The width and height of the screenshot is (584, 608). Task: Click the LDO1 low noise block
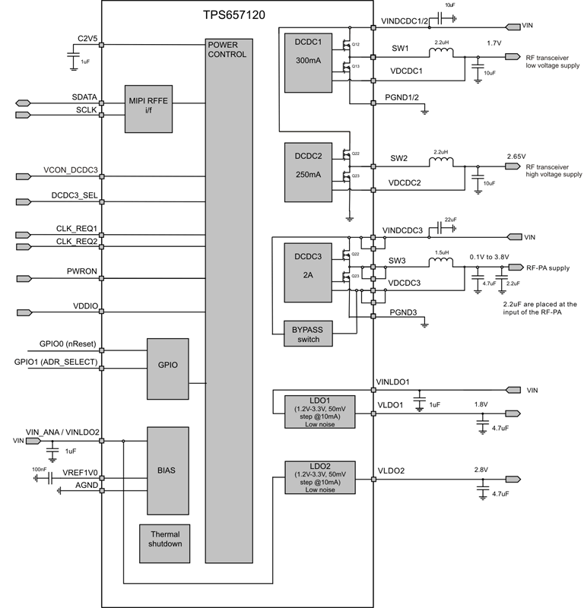[x=319, y=413]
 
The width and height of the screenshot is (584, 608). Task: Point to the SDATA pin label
[x=83, y=98]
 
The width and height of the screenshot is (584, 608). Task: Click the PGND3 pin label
[x=402, y=312]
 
